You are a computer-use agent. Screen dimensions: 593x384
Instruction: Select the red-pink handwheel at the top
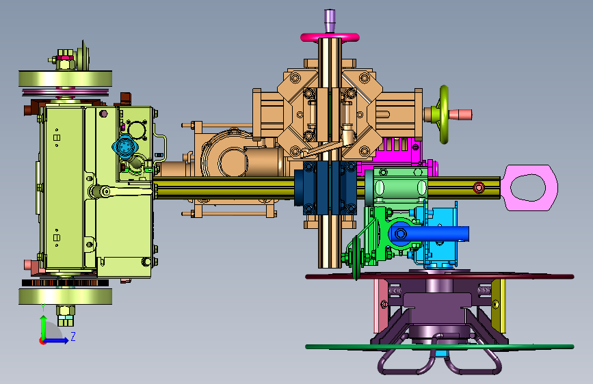[330, 37]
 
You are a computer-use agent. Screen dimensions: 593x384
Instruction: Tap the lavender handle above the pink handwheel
[330, 20]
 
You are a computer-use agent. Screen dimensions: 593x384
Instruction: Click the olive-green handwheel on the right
[444, 115]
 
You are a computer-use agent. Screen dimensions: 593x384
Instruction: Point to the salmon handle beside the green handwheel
[460, 115]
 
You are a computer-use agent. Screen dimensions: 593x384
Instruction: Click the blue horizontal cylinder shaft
[430, 234]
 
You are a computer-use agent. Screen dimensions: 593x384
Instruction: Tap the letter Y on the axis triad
[43, 307]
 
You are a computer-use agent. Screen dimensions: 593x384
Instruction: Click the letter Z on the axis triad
[73, 336]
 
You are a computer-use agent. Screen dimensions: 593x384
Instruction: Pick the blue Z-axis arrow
[55, 340]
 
